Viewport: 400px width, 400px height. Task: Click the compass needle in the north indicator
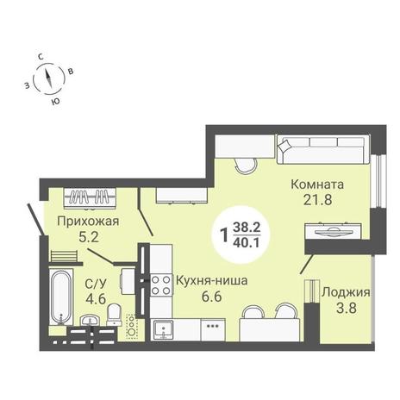[x=48, y=78]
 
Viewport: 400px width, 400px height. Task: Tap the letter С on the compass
[x=41, y=57]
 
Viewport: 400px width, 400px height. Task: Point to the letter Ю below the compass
[x=56, y=101]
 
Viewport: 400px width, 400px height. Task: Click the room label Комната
[x=317, y=184]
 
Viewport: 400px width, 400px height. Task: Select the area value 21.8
[x=318, y=200]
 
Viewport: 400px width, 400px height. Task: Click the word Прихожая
[x=88, y=222]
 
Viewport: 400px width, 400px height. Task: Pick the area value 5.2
[x=89, y=237]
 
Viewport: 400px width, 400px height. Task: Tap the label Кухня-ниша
[x=211, y=280]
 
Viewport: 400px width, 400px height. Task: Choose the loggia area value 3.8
[x=347, y=309]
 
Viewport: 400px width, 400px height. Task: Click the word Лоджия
[x=346, y=293]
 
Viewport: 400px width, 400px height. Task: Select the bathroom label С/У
[x=96, y=284]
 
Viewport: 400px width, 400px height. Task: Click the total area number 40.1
[x=247, y=243]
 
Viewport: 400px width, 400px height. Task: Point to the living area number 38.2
[x=247, y=228]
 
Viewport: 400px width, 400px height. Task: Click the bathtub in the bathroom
[x=61, y=297]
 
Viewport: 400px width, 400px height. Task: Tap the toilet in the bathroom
[x=115, y=315]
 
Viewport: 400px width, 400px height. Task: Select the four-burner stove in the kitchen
[x=161, y=285]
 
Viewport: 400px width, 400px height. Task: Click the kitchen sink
[x=163, y=329]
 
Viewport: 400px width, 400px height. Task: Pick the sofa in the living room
[x=324, y=149]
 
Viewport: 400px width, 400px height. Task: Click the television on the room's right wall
[x=334, y=231]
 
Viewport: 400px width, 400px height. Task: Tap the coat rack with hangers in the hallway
[x=90, y=197]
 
